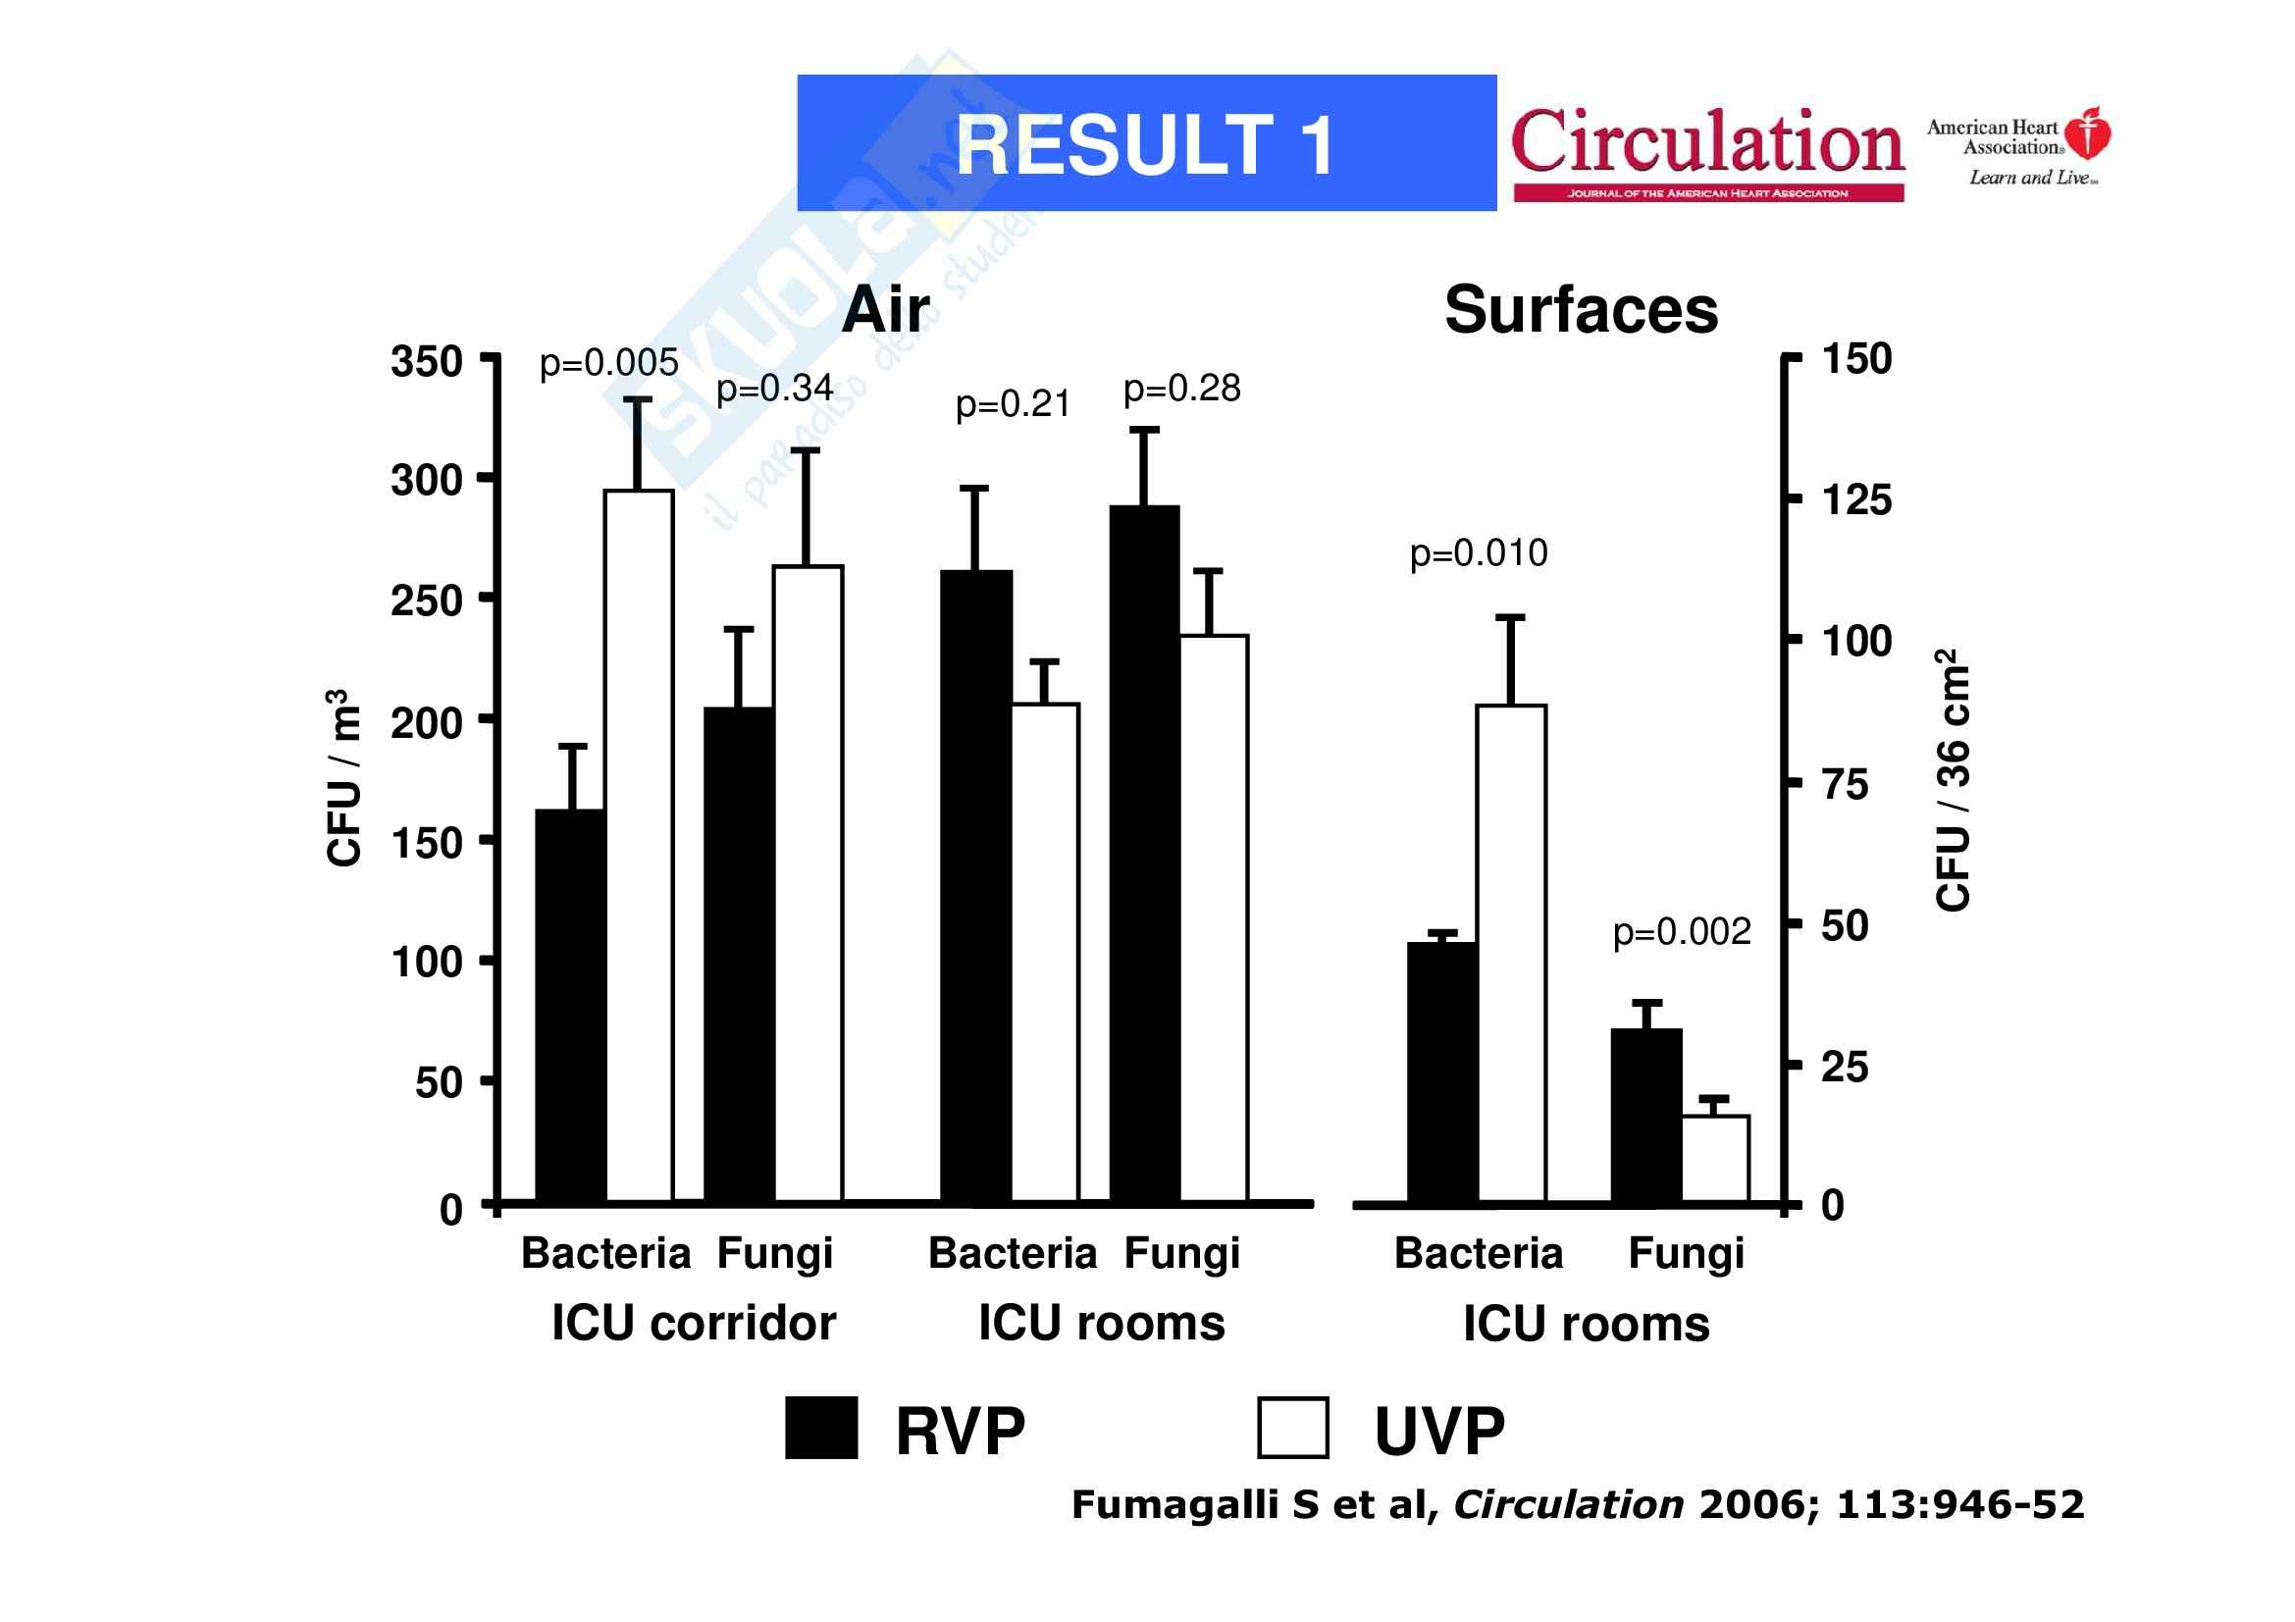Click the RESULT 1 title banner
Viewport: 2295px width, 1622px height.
pos(1145,143)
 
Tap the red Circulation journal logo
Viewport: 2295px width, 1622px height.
pos(1707,150)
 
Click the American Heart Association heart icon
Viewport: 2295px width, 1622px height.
pos(2087,133)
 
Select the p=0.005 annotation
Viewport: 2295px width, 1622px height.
pos(608,363)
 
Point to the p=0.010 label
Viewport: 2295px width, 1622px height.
pos(1479,552)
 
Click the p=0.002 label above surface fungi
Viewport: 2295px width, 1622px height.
pos(1683,931)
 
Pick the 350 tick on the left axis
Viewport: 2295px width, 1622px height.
pos(427,362)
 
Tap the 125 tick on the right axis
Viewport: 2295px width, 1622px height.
pos(1857,499)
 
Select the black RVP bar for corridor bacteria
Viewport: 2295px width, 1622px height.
pos(570,1005)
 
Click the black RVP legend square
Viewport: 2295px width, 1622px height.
pos(820,1428)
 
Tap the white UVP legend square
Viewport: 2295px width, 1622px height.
pos(1292,1428)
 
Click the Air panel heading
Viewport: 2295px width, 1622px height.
pos(886,310)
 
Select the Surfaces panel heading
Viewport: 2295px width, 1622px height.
pos(1581,310)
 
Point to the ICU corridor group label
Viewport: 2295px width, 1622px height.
pos(694,1323)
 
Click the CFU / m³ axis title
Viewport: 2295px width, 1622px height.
pos(342,777)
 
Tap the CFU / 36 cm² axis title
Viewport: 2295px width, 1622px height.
pos(1954,779)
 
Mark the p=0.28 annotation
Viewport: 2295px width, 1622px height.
pos(1181,389)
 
